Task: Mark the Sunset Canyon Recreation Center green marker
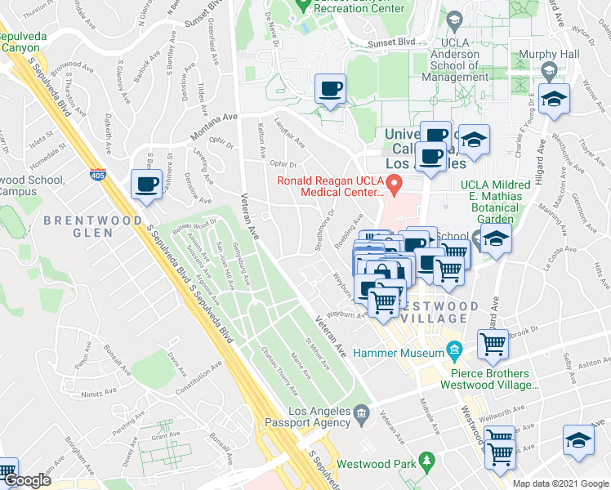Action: pos(302,7)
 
